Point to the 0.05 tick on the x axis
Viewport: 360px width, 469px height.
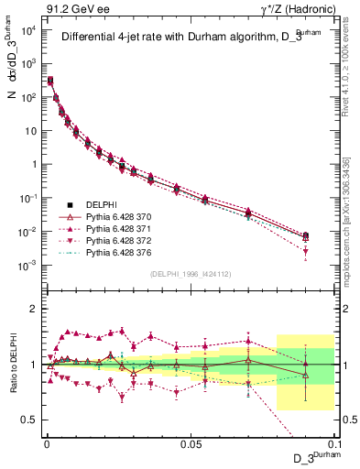click(191, 443)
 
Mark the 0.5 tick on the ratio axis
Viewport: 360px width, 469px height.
click(33, 420)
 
